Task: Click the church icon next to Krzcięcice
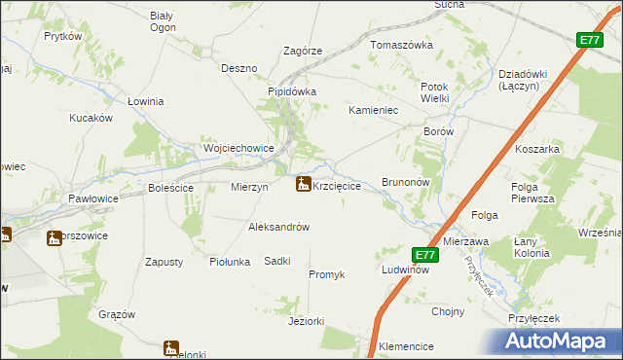303,183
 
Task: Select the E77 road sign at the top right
588,40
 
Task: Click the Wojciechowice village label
238,148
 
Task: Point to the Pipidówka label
293,92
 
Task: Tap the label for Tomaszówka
400,45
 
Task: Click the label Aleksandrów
279,227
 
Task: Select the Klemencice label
406,345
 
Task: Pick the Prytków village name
61,36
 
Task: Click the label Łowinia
145,100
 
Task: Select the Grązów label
117,314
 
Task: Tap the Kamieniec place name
375,111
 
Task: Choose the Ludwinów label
405,270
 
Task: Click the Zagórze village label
302,51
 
